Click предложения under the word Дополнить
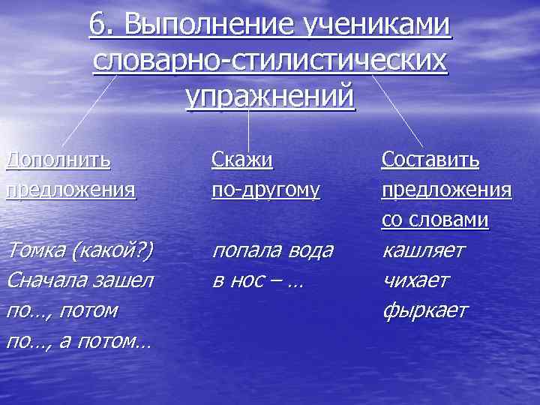tap(71, 190)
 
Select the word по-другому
tap(265, 190)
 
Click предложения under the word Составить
tap(446, 190)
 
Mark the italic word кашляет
tap(423, 250)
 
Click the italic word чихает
tap(415, 280)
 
